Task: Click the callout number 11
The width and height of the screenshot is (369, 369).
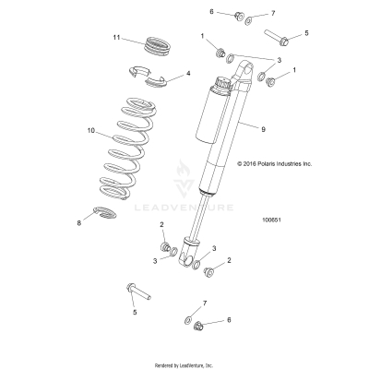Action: [116, 37]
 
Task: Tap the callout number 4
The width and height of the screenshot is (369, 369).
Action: [188, 74]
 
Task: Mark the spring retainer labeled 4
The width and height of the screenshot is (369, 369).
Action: [146, 78]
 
